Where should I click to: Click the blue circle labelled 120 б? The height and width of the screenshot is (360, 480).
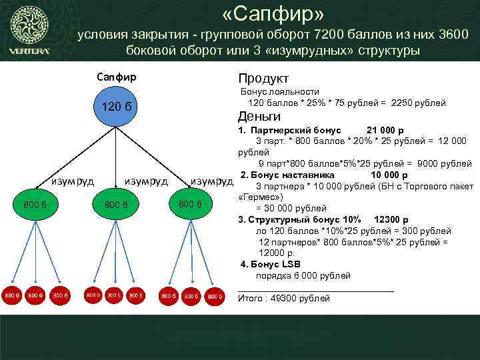click(116, 108)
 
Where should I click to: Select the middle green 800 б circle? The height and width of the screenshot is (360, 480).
click(116, 203)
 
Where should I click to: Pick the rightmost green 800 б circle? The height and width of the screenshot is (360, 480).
click(189, 202)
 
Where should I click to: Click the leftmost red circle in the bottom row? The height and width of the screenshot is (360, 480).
click(11, 294)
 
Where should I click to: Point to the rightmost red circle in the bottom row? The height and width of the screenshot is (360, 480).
click(214, 295)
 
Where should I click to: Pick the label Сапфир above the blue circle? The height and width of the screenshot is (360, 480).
click(116, 77)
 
